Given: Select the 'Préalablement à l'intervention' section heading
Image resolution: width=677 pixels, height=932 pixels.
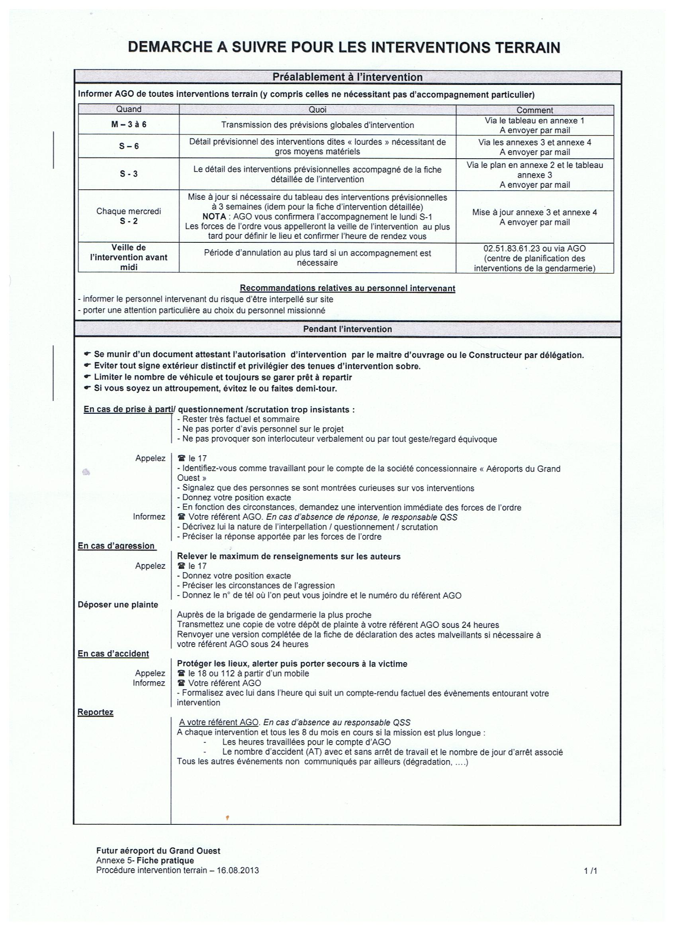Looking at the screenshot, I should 347,77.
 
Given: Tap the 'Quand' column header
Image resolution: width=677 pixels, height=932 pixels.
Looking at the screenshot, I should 129,109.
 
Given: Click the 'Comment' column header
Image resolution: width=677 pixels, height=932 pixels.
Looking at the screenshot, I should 534,110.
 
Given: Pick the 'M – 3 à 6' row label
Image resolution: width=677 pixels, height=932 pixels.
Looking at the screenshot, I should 129,124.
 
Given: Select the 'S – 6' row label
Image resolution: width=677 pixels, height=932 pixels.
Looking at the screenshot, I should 129,146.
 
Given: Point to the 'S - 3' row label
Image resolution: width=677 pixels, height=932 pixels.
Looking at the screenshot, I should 129,174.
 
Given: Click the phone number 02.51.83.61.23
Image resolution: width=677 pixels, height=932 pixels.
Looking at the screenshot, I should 508,249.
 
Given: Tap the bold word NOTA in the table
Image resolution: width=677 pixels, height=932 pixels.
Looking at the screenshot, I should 214,216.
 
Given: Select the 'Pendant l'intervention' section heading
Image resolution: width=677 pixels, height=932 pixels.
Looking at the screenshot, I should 347,329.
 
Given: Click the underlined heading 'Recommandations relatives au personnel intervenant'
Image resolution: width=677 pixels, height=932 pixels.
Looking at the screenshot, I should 347,289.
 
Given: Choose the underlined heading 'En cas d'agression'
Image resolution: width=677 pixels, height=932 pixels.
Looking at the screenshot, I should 116,546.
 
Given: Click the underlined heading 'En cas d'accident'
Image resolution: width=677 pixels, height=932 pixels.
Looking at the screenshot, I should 113,653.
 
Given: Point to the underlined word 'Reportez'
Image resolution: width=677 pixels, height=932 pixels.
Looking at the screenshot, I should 95,712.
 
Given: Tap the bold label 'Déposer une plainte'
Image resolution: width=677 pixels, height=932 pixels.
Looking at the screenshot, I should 118,604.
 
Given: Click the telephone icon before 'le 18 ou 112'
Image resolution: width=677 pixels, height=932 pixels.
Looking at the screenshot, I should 181,674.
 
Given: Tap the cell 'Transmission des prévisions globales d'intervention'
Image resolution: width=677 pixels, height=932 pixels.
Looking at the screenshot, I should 317,125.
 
